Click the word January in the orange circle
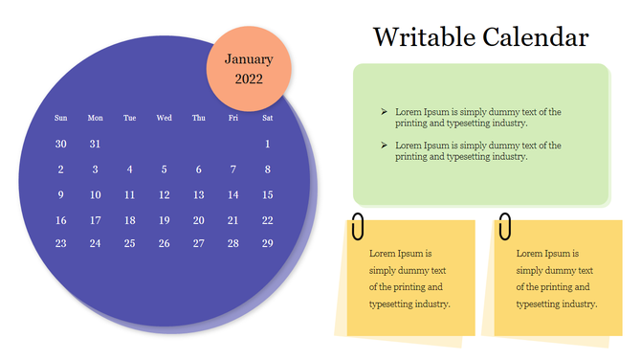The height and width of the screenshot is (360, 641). point(249,58)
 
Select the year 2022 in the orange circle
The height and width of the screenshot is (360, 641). point(249,79)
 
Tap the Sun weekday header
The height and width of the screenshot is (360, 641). point(61,118)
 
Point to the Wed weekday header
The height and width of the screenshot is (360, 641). point(164,118)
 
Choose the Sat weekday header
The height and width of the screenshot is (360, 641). point(267,118)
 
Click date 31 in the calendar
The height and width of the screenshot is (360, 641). point(95,144)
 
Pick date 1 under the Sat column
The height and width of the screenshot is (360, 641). point(267,144)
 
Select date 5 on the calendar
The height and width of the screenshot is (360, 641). point(164,169)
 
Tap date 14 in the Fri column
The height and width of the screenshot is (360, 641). point(232,194)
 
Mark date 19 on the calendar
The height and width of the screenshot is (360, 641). point(164,219)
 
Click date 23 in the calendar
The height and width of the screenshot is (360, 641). point(61,243)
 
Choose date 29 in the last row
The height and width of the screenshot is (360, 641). point(267,243)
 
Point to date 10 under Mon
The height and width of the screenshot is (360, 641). point(95,194)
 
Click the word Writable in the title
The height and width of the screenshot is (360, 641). point(419,38)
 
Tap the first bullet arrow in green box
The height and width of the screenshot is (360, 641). point(384,112)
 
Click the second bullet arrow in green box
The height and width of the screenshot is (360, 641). point(384,146)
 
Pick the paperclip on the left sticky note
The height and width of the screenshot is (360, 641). point(358,228)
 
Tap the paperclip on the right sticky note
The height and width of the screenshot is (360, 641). point(503,228)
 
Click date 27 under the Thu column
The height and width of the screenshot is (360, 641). point(198,243)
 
